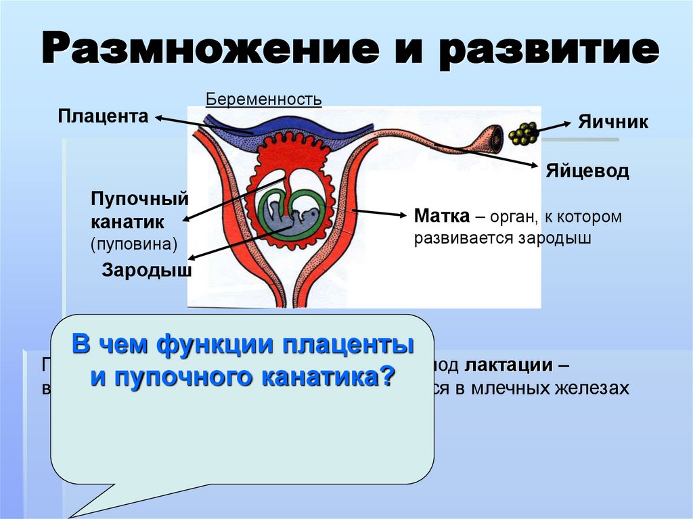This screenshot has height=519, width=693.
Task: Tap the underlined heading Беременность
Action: click(264, 99)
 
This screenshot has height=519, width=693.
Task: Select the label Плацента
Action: click(103, 116)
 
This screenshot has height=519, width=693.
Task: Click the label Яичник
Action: click(613, 122)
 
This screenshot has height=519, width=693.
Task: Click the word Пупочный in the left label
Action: click(139, 200)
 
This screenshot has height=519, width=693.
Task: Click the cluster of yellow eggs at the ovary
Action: click(524, 134)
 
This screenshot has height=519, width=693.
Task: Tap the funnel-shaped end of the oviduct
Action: click(490, 139)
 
